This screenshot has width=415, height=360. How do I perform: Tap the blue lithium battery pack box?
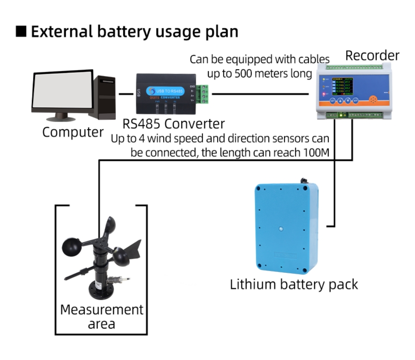coord(286,227)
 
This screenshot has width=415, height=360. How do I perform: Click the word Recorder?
coord(372,56)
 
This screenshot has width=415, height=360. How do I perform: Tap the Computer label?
coord(73,132)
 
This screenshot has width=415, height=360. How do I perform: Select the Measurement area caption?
coord(101,316)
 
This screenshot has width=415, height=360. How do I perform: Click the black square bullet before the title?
coord(21,31)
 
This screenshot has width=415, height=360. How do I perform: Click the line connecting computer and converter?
coord(126,94)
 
